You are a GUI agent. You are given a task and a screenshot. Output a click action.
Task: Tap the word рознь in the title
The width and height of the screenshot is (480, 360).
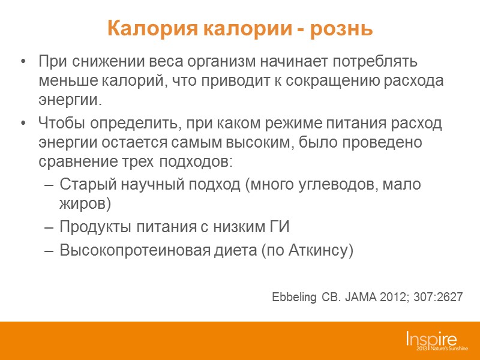(346, 28)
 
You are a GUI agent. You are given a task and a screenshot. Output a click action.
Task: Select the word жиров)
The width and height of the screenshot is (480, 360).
(86, 203)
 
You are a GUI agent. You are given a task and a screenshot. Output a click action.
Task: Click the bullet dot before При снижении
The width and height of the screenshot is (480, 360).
(23, 62)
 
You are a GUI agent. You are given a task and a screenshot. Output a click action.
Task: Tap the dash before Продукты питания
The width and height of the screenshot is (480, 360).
(50, 228)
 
